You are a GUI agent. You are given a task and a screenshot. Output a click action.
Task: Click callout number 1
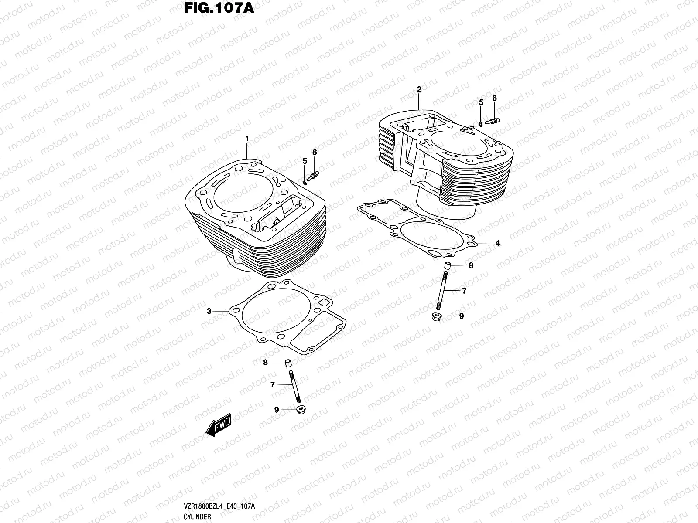point(247,139)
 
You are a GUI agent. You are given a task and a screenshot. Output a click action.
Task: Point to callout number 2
point(419,89)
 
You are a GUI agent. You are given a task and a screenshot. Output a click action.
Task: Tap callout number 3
point(209,311)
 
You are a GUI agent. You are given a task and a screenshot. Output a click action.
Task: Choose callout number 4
point(497,243)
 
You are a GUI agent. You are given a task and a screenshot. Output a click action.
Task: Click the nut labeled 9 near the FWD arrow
point(300,410)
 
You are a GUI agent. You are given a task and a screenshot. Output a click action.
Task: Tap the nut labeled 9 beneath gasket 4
point(436,316)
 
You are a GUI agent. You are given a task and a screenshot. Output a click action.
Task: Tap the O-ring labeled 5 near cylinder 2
point(481,124)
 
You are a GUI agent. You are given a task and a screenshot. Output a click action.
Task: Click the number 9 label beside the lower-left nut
point(276,410)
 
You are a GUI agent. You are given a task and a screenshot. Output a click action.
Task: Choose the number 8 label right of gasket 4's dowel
point(471,265)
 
